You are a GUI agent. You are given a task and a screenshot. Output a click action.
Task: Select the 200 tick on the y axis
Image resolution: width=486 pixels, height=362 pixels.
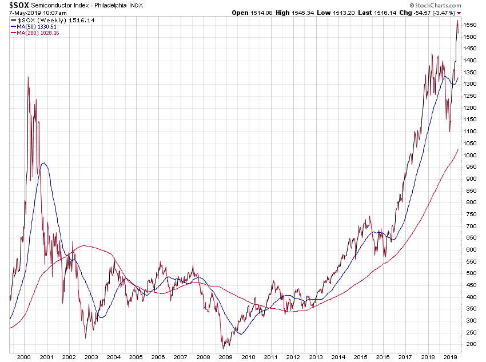(x=469, y=344)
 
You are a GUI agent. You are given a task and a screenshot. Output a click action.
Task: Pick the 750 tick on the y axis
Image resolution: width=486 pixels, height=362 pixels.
(x=469, y=214)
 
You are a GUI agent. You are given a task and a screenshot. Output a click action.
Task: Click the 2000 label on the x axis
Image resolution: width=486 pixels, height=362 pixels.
(x=24, y=357)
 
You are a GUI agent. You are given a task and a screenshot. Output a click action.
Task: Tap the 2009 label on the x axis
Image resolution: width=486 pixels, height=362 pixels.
(x=225, y=357)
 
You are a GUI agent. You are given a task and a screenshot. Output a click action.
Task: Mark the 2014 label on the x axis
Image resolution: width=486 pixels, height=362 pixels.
(x=337, y=357)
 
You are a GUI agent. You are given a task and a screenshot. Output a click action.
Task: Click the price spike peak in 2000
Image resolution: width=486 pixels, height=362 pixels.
(x=28, y=77)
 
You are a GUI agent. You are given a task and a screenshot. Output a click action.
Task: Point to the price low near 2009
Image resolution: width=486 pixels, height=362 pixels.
(x=223, y=348)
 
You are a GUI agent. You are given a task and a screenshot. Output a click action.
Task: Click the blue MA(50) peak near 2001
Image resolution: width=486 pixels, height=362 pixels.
(x=43, y=164)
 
